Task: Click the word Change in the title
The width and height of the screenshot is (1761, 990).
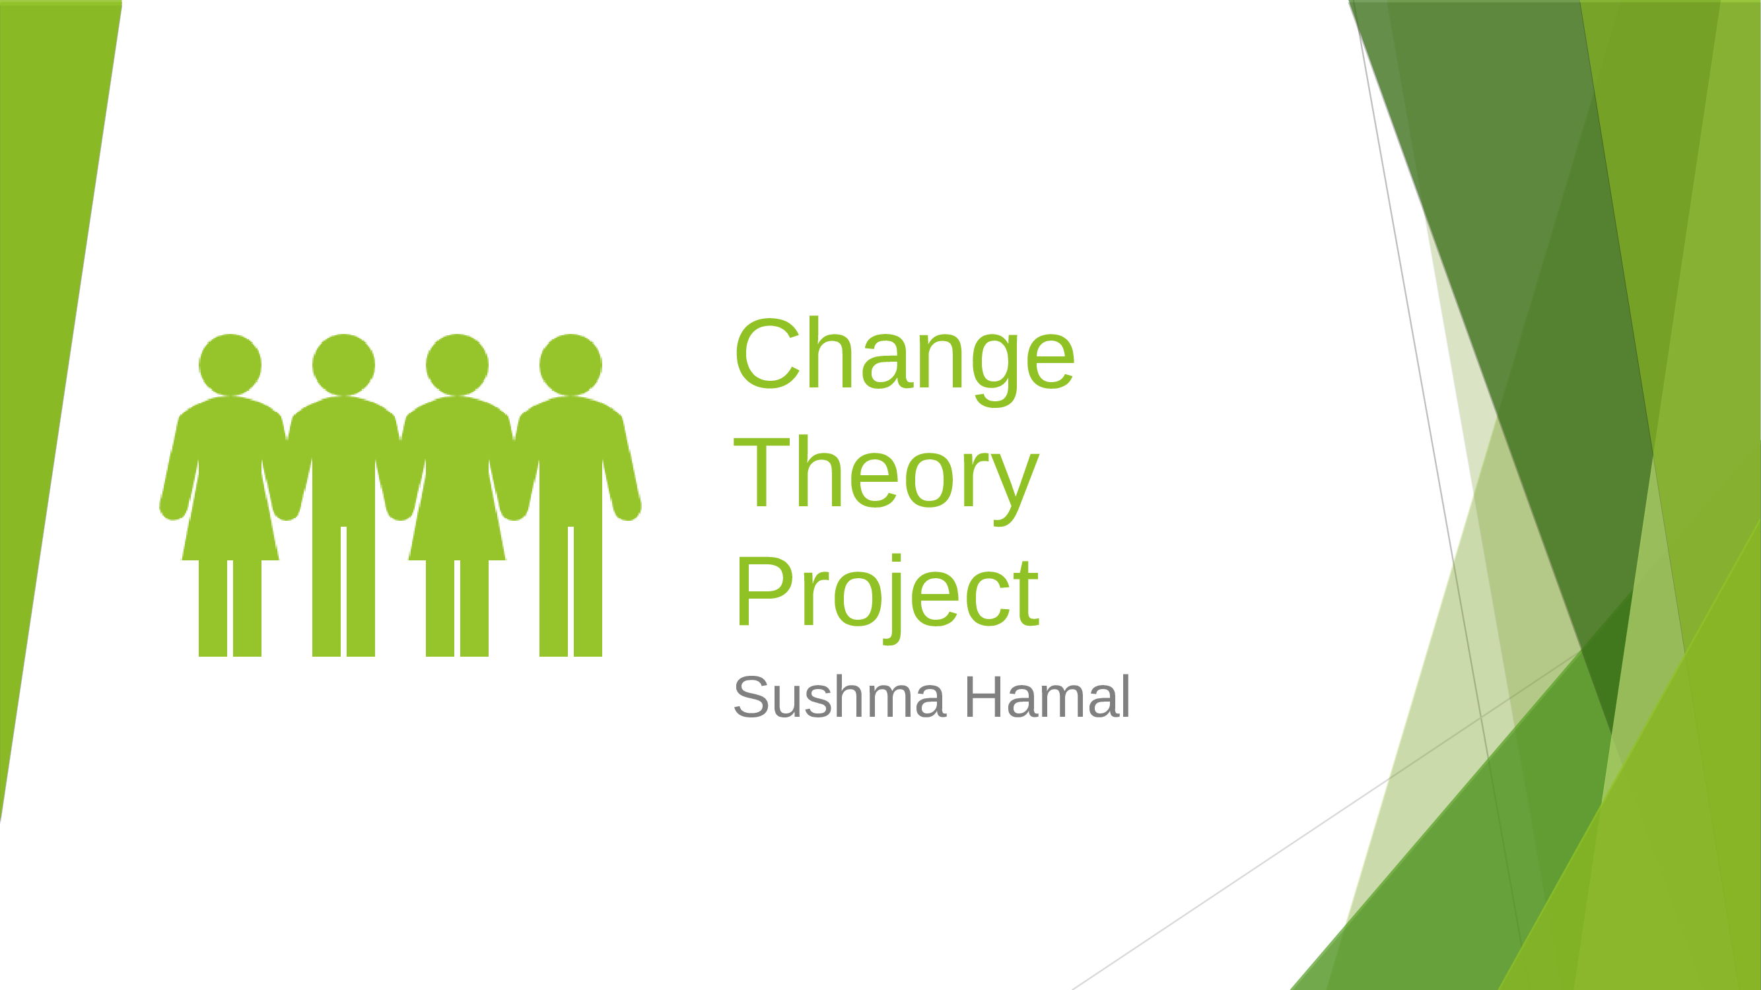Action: pyautogui.click(x=904, y=355)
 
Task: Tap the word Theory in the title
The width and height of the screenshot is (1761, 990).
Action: pyautogui.click(x=886, y=473)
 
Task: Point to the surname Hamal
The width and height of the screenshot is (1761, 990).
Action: pyautogui.click(x=1047, y=698)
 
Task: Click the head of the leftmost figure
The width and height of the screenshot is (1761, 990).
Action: pyautogui.click(x=230, y=364)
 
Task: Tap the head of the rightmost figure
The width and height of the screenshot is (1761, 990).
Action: pyautogui.click(x=570, y=364)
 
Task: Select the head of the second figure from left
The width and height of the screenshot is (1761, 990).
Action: pyautogui.click(x=343, y=364)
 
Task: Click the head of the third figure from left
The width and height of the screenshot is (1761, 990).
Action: pyautogui.click(x=457, y=364)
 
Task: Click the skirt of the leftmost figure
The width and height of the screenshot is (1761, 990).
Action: pyautogui.click(x=230, y=526)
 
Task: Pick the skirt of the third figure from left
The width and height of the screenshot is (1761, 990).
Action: pyautogui.click(x=457, y=526)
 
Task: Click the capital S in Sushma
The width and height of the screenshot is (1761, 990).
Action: pyautogui.click(x=751, y=698)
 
